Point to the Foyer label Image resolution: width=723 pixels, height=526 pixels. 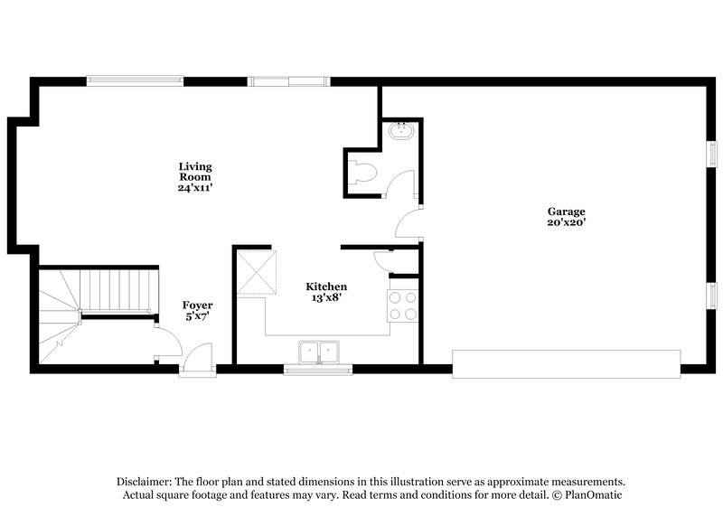[x=197, y=305]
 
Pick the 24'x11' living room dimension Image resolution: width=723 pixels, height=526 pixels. [x=194, y=188]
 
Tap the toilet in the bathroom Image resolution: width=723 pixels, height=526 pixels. [x=363, y=171]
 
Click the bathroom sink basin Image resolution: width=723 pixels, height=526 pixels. [x=400, y=133]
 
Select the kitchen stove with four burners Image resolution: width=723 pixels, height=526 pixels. [x=403, y=305]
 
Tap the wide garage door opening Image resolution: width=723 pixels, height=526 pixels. [x=566, y=363]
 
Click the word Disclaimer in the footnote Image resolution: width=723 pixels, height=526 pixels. [x=146, y=482]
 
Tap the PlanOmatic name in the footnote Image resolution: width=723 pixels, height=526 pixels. [x=592, y=495]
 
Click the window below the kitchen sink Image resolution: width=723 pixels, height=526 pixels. [x=318, y=369]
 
